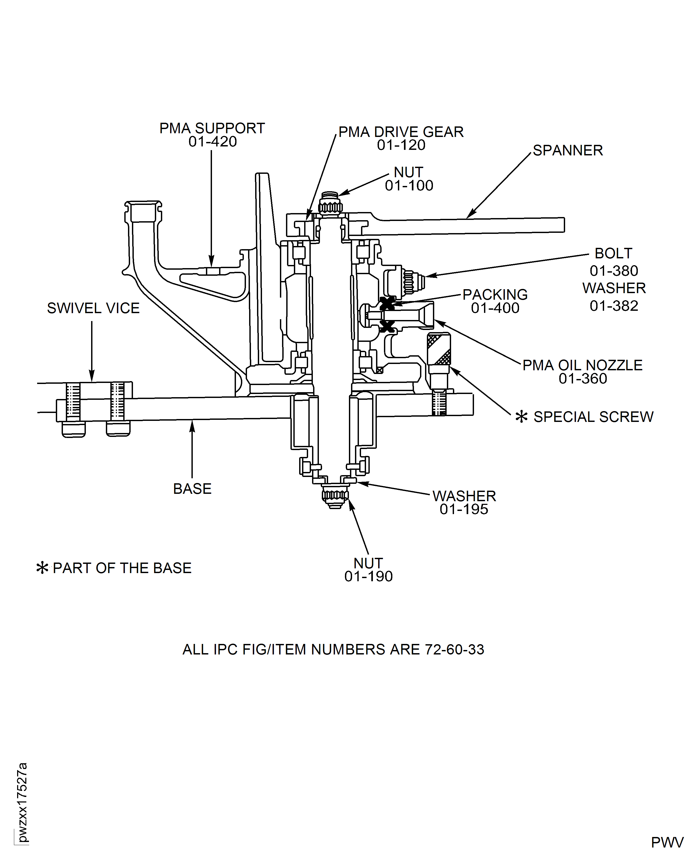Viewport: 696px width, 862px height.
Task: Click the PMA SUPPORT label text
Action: (x=212, y=128)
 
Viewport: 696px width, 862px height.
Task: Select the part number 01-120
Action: (x=401, y=145)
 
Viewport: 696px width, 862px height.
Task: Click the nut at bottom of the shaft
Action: (x=335, y=496)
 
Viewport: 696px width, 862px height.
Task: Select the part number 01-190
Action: (x=368, y=577)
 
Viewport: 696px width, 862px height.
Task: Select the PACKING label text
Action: (x=495, y=295)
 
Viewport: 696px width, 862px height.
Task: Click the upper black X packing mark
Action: (x=387, y=303)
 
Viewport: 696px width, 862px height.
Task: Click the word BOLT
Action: (x=613, y=253)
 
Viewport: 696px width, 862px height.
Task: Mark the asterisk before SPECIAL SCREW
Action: (x=521, y=417)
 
